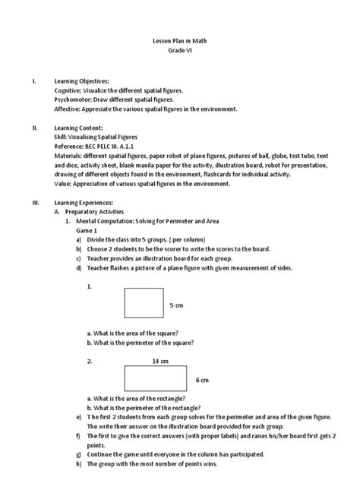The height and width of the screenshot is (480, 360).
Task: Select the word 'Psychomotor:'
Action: coord(74,99)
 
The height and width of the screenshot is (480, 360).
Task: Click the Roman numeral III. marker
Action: coord(34,204)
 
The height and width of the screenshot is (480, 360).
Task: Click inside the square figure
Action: coord(144,303)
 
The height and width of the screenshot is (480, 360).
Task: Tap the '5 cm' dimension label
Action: coord(176,305)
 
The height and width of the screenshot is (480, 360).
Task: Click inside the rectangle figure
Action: coord(158,378)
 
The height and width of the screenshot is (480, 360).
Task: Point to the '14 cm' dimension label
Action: coord(159,361)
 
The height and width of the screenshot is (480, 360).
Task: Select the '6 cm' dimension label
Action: coord(203,379)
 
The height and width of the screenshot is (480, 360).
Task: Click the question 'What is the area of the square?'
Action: coord(137,333)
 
